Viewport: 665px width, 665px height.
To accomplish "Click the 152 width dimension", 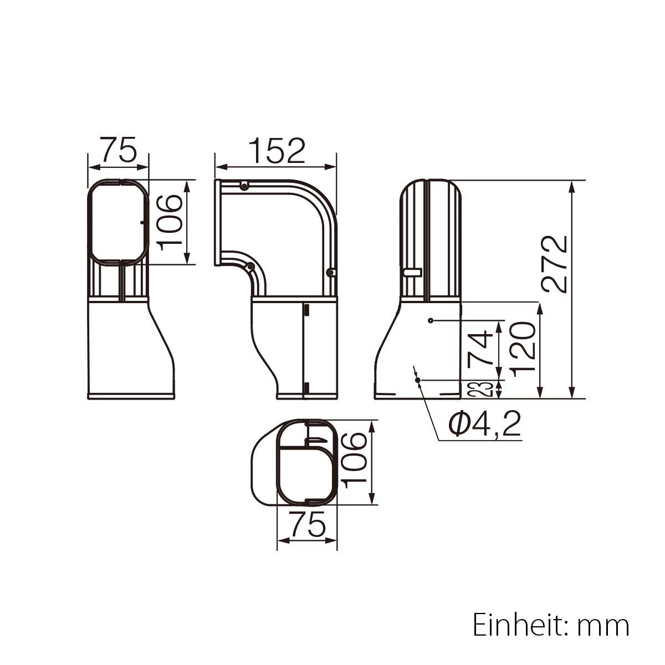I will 277,151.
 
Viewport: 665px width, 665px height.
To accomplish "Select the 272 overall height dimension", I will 555,264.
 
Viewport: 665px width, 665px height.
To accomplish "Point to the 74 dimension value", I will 480,348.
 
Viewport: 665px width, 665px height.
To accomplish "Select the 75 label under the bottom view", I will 307,525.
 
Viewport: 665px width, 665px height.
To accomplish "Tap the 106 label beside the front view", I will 168,222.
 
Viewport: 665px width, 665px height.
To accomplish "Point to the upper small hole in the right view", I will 431,320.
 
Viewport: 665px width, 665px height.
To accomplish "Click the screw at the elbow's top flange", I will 243,186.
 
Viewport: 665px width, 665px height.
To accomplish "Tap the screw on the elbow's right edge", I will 330,272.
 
